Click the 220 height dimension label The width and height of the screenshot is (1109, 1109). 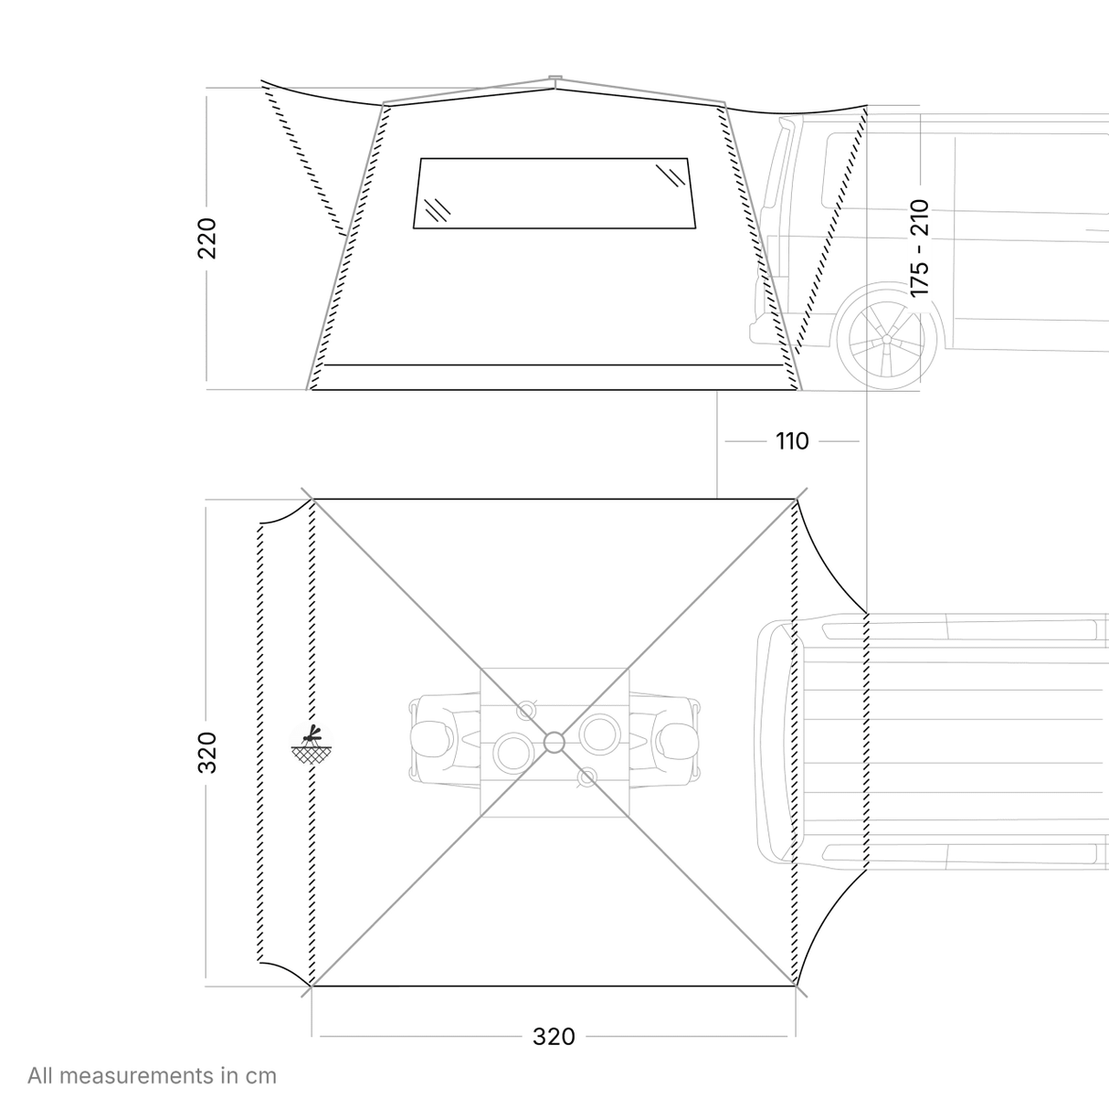point(206,238)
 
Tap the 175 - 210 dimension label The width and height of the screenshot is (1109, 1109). point(919,248)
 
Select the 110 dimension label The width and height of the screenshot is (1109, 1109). point(792,441)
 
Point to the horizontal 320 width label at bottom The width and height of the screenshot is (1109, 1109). point(554,1037)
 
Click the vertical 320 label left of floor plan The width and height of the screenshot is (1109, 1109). point(206,752)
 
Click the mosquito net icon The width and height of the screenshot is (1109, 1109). point(312,744)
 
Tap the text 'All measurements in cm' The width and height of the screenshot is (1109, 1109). point(152,1075)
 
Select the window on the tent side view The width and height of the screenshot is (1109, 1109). point(554,194)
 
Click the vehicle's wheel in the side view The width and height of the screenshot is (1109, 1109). point(886,340)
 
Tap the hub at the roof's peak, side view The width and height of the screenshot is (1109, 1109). point(554,77)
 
